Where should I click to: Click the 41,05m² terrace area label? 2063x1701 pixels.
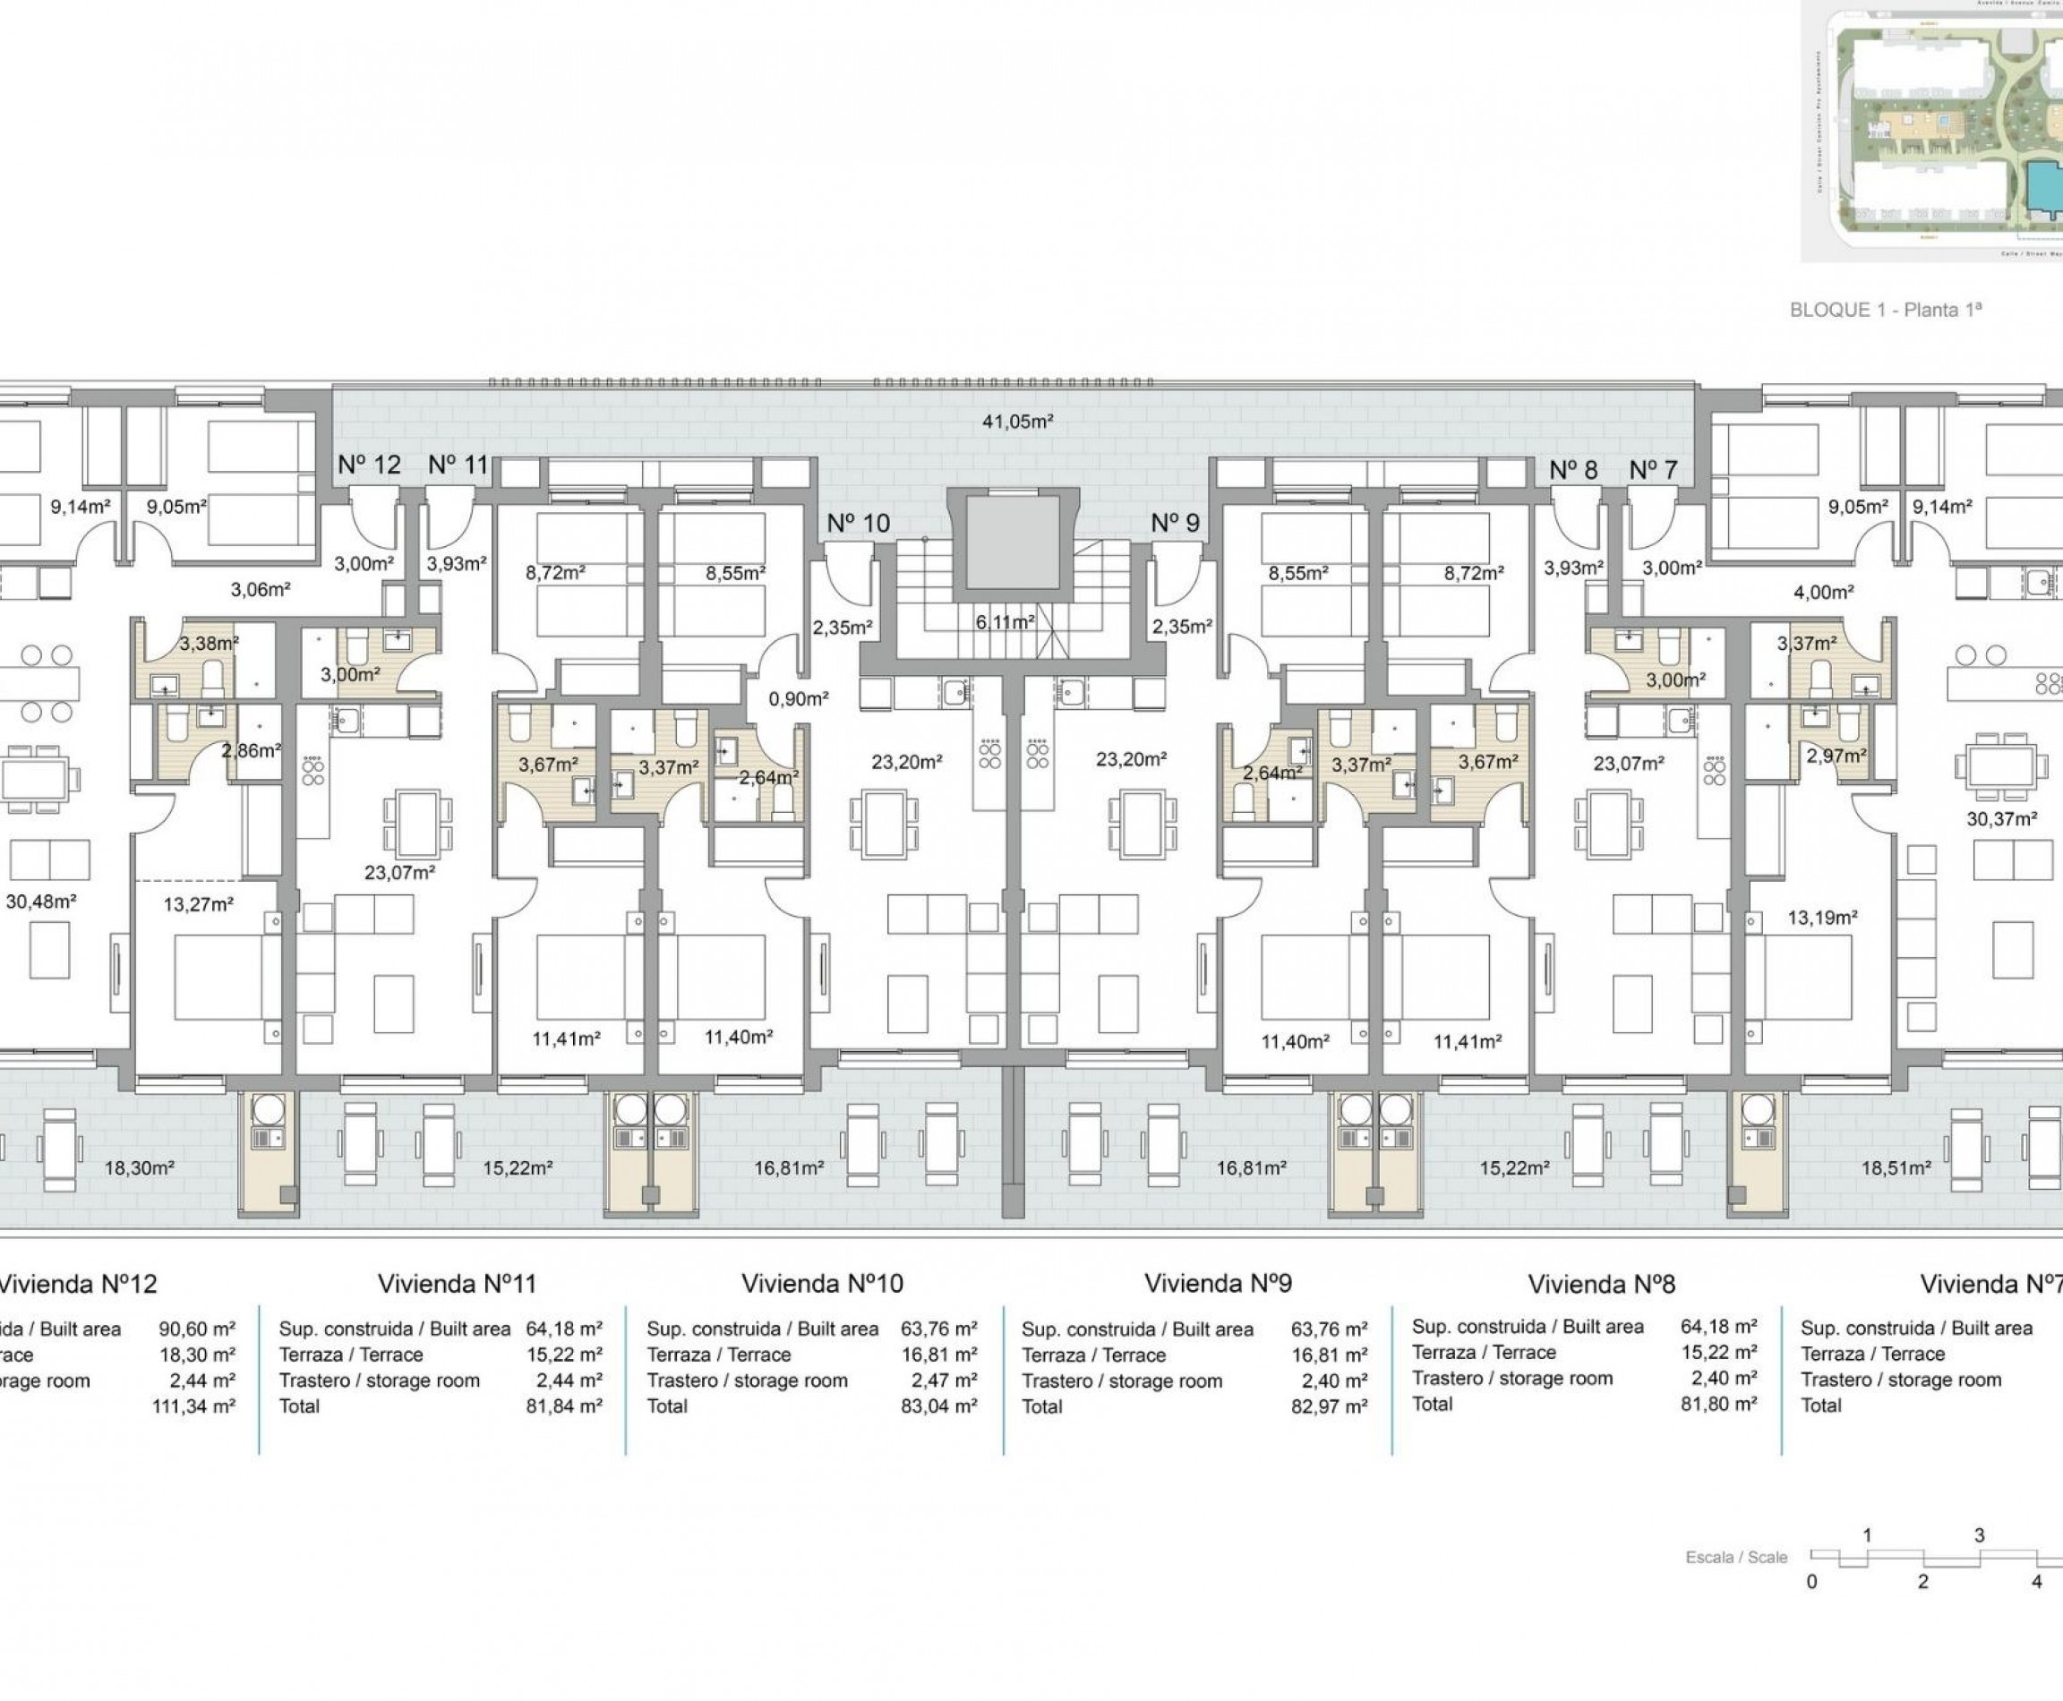pyautogui.click(x=1017, y=423)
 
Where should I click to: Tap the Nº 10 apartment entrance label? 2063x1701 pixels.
pyautogui.click(x=858, y=523)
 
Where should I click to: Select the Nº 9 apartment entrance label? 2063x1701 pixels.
pyautogui.click(x=1175, y=523)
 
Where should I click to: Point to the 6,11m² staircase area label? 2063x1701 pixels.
pyautogui.click(x=1005, y=622)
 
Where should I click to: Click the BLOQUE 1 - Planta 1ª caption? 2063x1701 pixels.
pyautogui.click(x=1886, y=310)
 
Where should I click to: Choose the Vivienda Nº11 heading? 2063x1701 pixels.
pyautogui.click(x=457, y=1284)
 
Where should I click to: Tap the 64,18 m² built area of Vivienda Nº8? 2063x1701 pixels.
pyautogui.click(x=1718, y=1327)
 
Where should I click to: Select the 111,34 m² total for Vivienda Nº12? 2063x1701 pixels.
pyautogui.click(x=193, y=1407)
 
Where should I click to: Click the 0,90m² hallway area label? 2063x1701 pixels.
pyautogui.click(x=798, y=699)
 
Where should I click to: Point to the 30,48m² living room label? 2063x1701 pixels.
pyautogui.click(x=41, y=902)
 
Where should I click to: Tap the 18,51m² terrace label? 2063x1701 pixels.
pyautogui.click(x=1896, y=1168)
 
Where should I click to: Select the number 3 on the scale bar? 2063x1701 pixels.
pyautogui.click(x=1979, y=1535)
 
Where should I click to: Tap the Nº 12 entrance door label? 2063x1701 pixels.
pyautogui.click(x=369, y=466)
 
